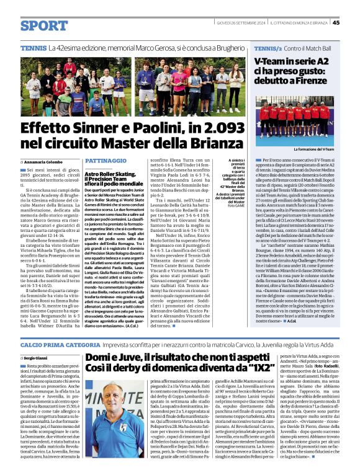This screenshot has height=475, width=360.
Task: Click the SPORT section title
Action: click(x=43, y=25)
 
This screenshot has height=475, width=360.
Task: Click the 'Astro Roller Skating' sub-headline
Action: click(x=111, y=174)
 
